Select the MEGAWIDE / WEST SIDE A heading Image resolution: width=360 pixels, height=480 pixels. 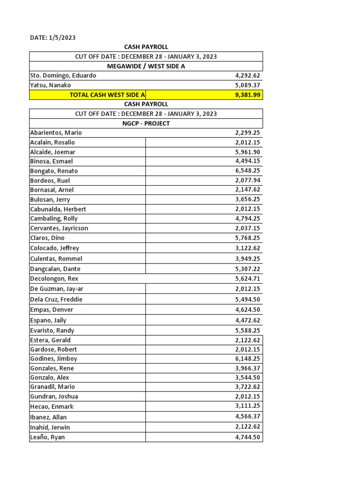(146, 66)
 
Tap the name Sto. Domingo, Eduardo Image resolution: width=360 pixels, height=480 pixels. (63, 75)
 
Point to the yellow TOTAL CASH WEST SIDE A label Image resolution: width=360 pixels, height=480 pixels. (107, 95)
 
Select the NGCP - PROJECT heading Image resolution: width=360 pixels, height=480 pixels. (146, 123)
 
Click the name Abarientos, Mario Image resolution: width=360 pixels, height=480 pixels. (56, 133)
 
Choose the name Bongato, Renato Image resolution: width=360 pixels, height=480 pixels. (54, 171)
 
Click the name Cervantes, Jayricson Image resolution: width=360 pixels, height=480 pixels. (59, 228)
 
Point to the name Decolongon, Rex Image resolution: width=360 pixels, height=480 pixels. (54, 278)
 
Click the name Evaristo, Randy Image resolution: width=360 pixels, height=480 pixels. (52, 330)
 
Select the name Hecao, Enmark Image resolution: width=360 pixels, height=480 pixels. (52, 406)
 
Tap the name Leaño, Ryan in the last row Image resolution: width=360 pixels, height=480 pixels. (47, 437)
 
